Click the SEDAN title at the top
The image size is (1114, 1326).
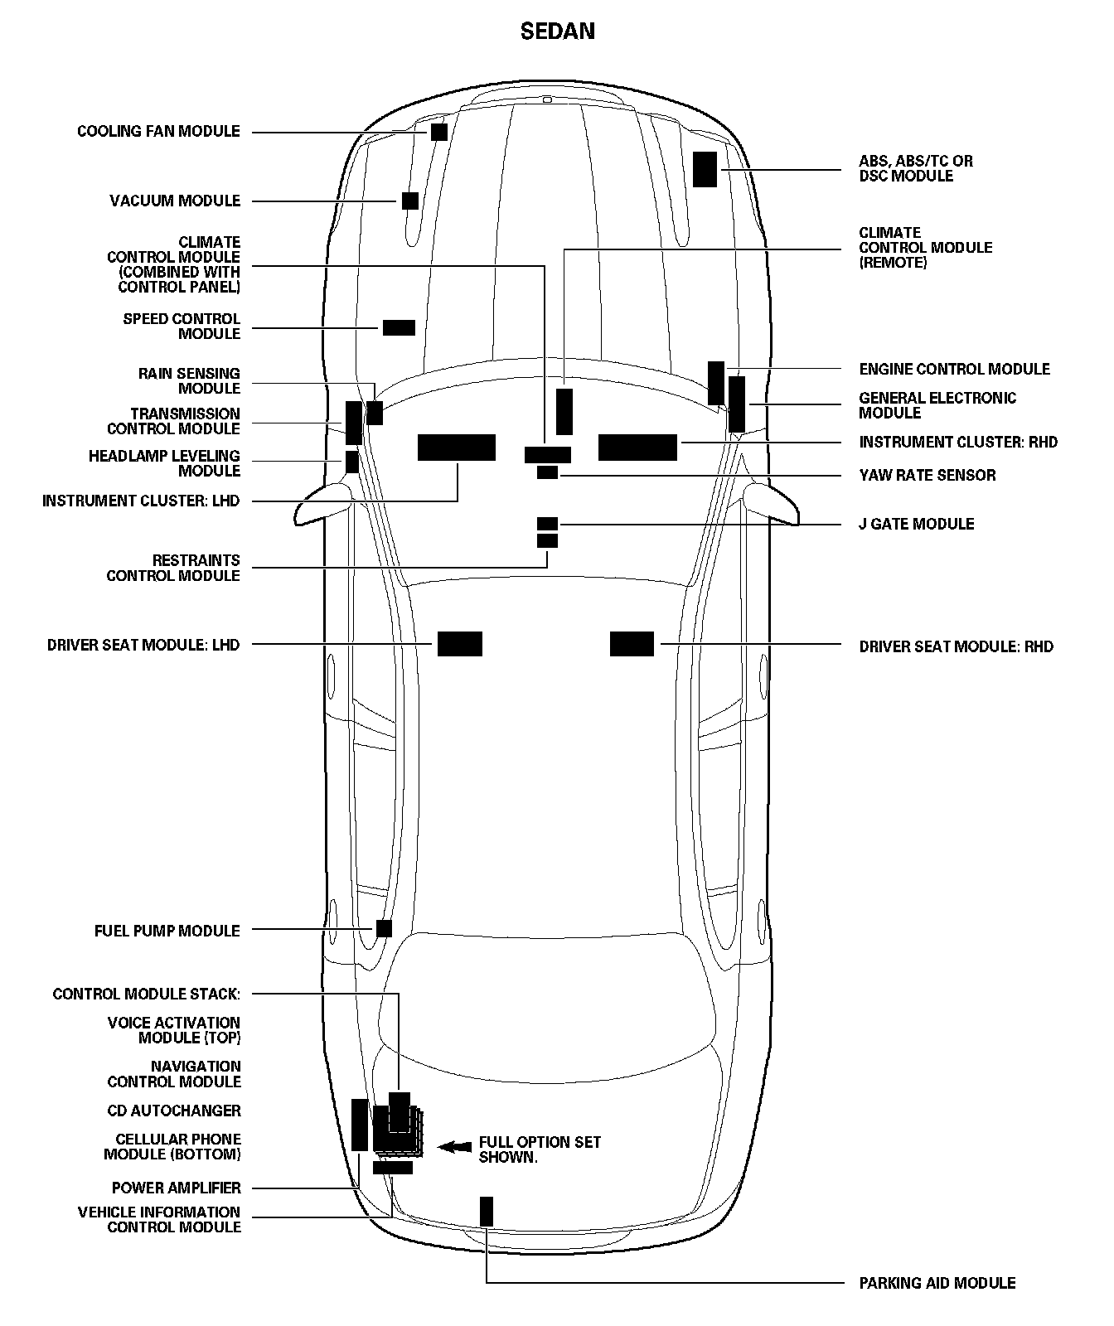557,31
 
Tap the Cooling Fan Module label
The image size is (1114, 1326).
158,132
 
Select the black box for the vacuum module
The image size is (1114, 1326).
409,201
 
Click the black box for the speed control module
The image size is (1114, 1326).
399,327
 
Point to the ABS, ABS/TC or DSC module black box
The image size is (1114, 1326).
705,169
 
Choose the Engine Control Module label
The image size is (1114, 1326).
954,369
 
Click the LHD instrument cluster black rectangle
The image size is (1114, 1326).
456,448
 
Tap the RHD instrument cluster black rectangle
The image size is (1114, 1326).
637,448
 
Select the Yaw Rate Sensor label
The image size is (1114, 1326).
927,475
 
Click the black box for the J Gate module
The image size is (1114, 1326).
547,524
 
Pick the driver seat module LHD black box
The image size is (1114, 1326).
459,644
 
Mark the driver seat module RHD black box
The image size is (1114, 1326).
632,644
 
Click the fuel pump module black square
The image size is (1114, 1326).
384,928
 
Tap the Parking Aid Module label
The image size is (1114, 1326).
937,1283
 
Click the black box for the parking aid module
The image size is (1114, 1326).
487,1212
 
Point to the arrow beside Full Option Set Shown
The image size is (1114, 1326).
454,1147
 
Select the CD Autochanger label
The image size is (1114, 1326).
174,1111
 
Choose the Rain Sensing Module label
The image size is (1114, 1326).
189,381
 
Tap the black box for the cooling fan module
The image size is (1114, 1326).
438,132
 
